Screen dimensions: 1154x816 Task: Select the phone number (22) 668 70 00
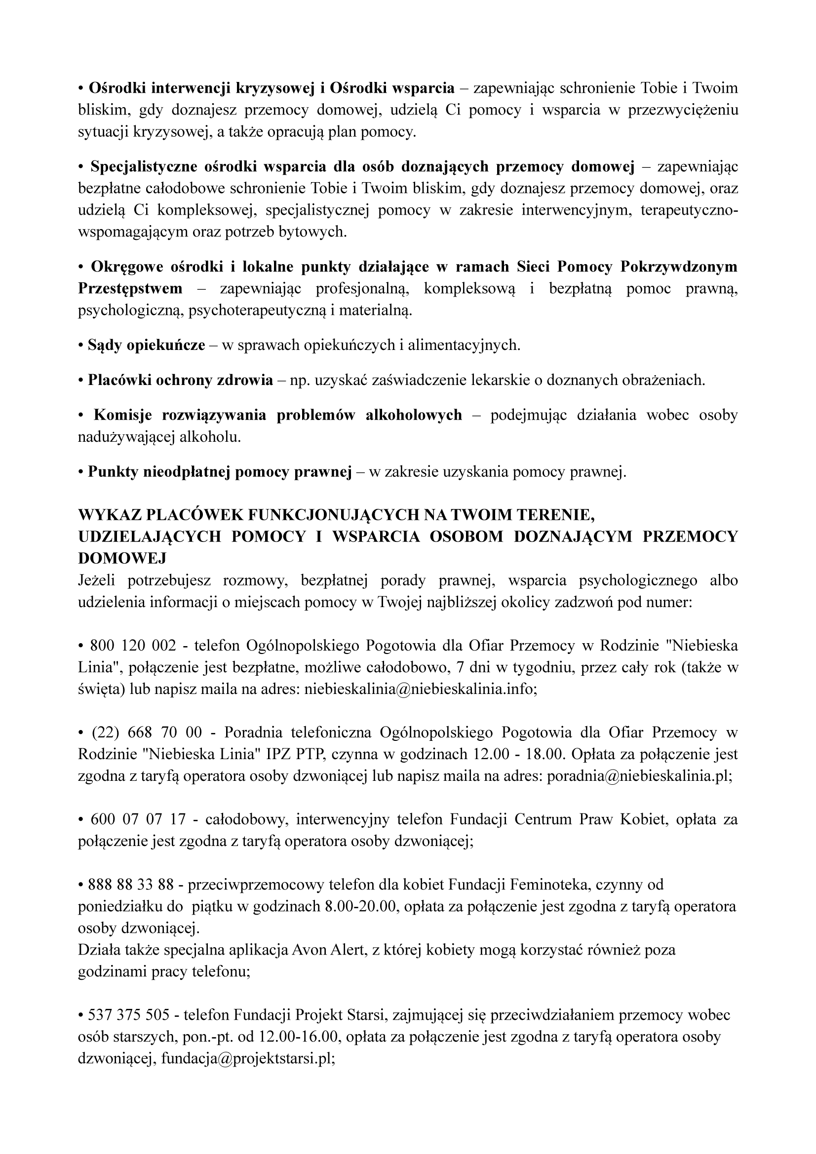click(x=146, y=732)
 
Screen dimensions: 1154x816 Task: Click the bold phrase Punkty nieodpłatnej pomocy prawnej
click(x=220, y=472)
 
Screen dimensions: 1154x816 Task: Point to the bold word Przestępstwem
click(x=130, y=288)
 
